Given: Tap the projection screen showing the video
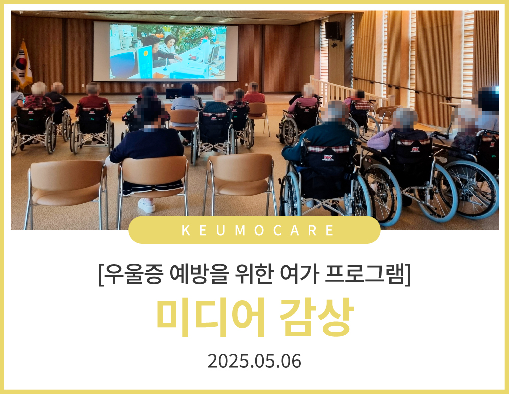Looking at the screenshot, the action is click(166, 51).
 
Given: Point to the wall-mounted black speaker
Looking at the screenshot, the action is click(333, 31).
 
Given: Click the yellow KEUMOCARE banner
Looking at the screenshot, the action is click(254, 230).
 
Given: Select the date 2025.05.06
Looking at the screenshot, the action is click(254, 361).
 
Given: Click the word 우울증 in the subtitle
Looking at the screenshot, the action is click(133, 274).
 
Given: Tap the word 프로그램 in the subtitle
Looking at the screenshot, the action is click(365, 274).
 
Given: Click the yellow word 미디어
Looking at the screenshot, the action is click(211, 317).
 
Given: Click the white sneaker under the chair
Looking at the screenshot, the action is click(146, 205).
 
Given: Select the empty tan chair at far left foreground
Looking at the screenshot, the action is click(67, 193).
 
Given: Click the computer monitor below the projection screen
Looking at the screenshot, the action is click(172, 93).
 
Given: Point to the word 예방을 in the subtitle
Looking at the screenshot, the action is click(198, 274).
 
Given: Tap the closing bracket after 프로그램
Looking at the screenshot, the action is click(408, 275).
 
